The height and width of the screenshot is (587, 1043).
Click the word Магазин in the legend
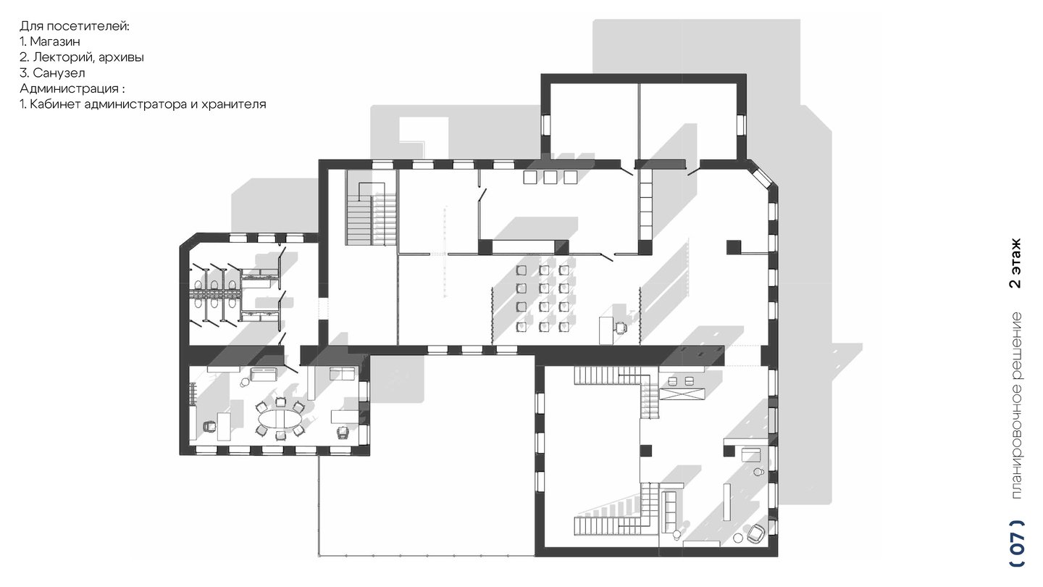pyautogui.click(x=55, y=41)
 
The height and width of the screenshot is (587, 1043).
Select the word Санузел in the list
pyautogui.click(x=59, y=72)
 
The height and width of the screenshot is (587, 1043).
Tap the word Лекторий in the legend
pyautogui.click(x=62, y=57)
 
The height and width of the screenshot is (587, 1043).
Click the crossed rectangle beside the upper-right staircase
pyautogui.click(x=682, y=394)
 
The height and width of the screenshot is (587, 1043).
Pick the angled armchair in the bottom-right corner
pyautogui.click(x=755, y=533)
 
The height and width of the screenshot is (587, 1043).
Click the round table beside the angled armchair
pyautogui.click(x=737, y=538)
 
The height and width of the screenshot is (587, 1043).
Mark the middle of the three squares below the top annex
pyautogui.click(x=550, y=177)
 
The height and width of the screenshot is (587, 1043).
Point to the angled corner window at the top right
pyautogui.click(x=762, y=177)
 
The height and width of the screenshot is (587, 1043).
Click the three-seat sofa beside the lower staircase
pyautogui.click(x=669, y=511)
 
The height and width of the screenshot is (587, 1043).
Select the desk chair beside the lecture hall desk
pyautogui.click(x=620, y=328)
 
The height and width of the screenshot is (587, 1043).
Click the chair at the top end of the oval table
pyautogui.click(x=280, y=401)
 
